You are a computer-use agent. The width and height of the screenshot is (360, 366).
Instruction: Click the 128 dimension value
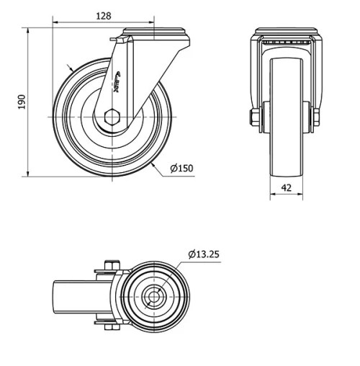click(x=104, y=15)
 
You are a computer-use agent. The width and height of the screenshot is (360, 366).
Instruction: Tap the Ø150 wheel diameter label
click(x=182, y=169)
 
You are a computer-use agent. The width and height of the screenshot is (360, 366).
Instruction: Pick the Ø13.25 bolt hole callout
click(x=204, y=254)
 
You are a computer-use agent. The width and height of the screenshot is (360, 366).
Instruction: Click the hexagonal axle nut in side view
click(x=113, y=117)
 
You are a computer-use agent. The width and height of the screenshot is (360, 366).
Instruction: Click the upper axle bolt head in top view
click(x=109, y=265)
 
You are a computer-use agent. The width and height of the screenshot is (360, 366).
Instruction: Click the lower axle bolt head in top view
click(x=109, y=329)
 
